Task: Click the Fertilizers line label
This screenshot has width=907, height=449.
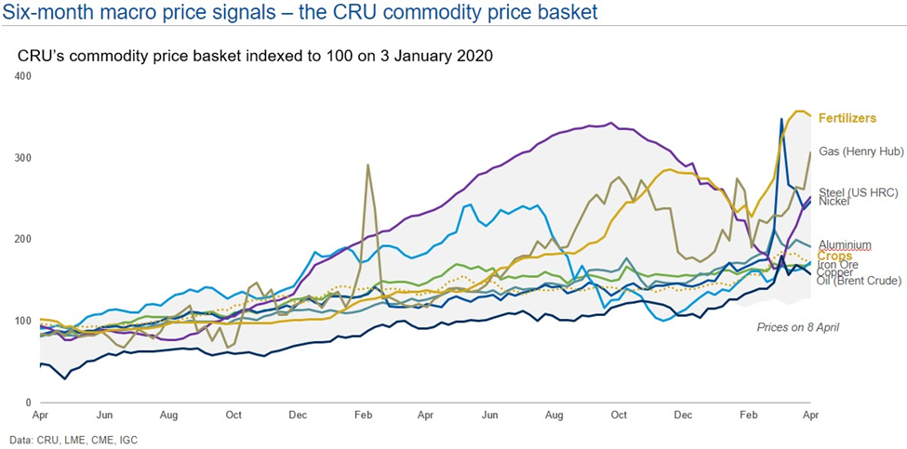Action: [x=846, y=119]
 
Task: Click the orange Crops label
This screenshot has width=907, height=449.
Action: [x=834, y=256]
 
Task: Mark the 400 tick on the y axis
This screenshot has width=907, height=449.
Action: [x=25, y=75]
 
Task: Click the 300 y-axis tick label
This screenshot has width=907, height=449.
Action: [x=25, y=158]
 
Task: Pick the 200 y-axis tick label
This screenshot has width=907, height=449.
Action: [x=25, y=239]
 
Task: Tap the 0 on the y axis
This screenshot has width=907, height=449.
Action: [x=30, y=403]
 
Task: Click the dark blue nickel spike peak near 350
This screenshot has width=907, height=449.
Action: [x=781, y=119]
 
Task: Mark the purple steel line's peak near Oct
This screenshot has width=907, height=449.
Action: [x=610, y=123]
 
